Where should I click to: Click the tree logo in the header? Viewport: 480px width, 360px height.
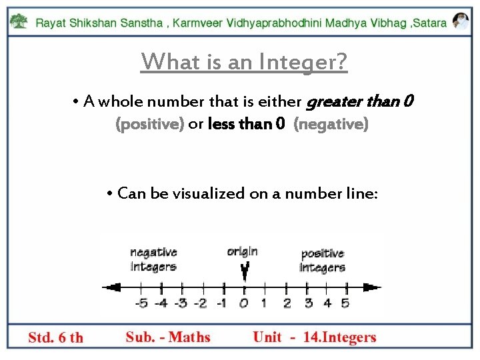[x=19, y=21]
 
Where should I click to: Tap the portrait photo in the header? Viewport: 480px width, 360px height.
[x=460, y=21]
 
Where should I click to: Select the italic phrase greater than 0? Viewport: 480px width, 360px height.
[x=359, y=102]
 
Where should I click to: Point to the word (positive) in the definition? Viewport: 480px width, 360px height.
[x=150, y=124]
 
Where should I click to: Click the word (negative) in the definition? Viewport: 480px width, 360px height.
[x=331, y=124]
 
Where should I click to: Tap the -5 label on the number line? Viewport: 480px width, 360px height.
[x=141, y=304]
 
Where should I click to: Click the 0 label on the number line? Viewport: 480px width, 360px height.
[x=244, y=304]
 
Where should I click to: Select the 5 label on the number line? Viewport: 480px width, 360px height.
[x=345, y=304]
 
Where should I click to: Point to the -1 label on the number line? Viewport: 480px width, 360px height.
[x=222, y=304]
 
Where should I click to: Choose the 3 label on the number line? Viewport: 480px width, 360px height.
[x=307, y=304]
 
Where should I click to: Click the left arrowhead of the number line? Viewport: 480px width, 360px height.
[x=111, y=287]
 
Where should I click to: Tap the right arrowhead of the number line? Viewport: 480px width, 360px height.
[x=372, y=287]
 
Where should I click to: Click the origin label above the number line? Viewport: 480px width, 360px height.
[x=242, y=251]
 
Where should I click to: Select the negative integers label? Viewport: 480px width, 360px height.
[x=153, y=259]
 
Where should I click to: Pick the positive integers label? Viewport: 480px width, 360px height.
[x=323, y=261]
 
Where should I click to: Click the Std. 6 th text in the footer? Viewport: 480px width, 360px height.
[x=56, y=337]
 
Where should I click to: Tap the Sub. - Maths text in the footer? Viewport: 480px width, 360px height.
[x=168, y=337]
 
